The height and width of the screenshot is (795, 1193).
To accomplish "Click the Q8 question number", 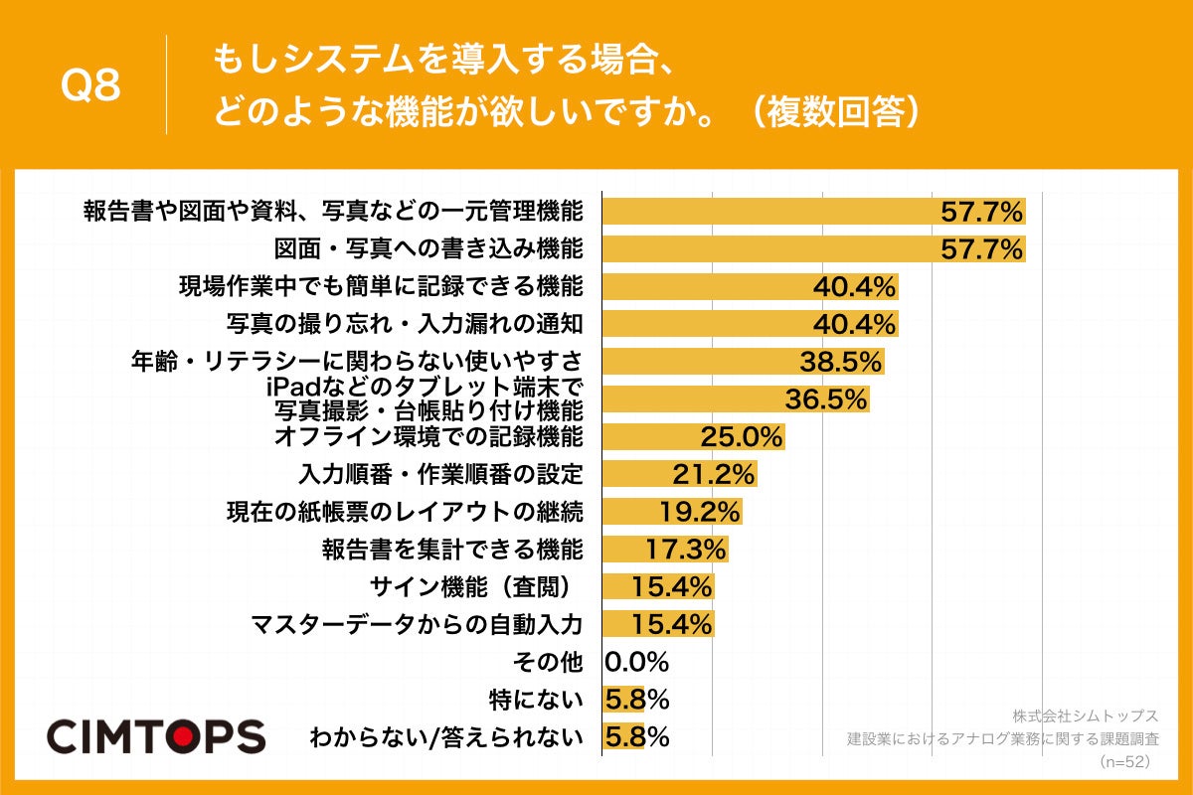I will [90, 86].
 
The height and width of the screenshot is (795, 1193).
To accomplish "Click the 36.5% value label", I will [826, 399].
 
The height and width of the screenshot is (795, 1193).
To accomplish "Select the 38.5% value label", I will [841, 362].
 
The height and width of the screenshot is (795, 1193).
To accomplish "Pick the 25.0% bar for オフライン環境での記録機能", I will [694, 437].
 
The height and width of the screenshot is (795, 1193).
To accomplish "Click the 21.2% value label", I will [715, 474].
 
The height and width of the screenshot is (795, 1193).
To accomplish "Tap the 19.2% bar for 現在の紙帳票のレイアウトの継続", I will [672, 512].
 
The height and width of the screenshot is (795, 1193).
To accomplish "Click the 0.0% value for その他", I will [636, 662].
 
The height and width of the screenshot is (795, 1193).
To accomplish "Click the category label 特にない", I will [536, 700].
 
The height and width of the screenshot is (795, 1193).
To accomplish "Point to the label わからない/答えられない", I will [445, 737].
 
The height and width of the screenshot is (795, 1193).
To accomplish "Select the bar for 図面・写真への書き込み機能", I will [813, 248].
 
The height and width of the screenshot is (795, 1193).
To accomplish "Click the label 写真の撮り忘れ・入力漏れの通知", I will [403, 324].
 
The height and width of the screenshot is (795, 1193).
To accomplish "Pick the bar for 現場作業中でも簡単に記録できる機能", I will [751, 286].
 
